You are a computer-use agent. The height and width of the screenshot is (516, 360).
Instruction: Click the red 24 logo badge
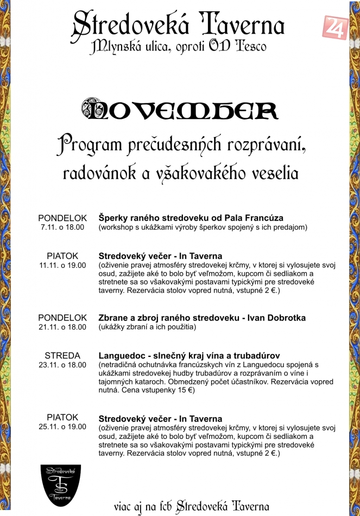pos(335,28)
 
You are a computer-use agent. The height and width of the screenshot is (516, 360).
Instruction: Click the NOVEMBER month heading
pos(179,110)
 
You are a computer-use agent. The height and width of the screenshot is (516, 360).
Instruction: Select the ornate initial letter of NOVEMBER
pos(94,110)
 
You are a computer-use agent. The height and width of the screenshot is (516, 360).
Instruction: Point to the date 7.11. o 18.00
pos(62,228)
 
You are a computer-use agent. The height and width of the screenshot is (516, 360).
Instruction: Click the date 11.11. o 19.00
pos(62,265)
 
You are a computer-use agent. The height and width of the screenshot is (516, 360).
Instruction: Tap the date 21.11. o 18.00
pos(62,327)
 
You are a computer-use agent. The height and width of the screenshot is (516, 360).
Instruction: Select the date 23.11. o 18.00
pos(62,365)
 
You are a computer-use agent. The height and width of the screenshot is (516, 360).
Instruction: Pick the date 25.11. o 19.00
pos(62,427)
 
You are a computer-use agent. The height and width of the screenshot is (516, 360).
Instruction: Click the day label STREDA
pos(62,356)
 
